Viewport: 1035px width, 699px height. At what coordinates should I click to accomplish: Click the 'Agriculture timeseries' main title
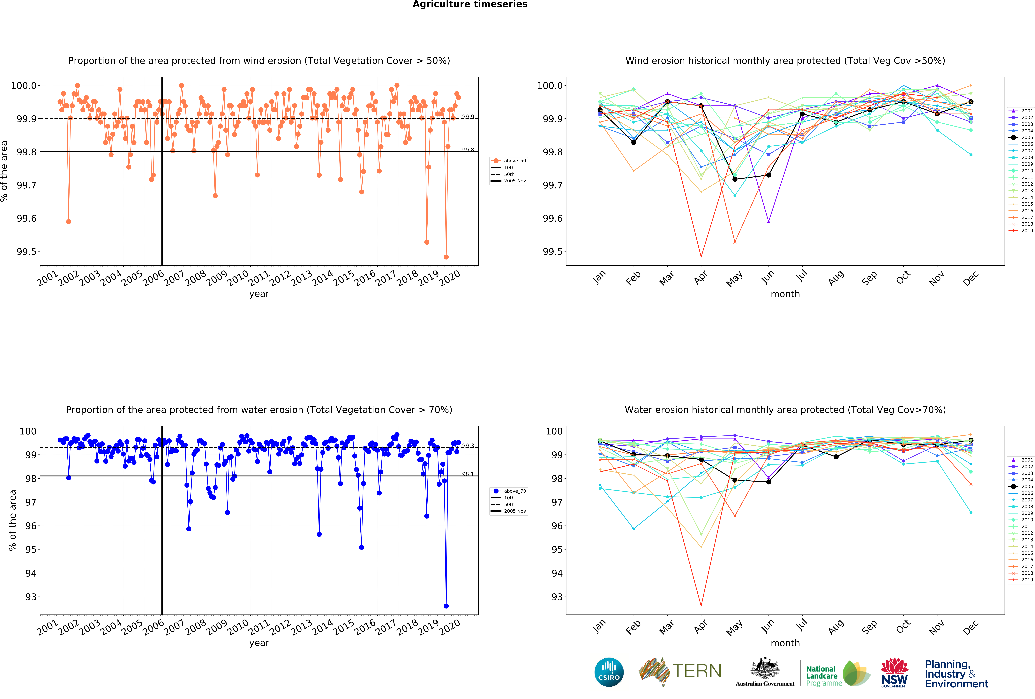470,4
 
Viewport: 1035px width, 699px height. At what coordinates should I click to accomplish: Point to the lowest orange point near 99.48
446,257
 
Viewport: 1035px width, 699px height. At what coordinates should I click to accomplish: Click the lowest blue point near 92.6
446,606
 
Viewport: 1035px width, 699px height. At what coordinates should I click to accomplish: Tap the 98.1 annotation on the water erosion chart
468,474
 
